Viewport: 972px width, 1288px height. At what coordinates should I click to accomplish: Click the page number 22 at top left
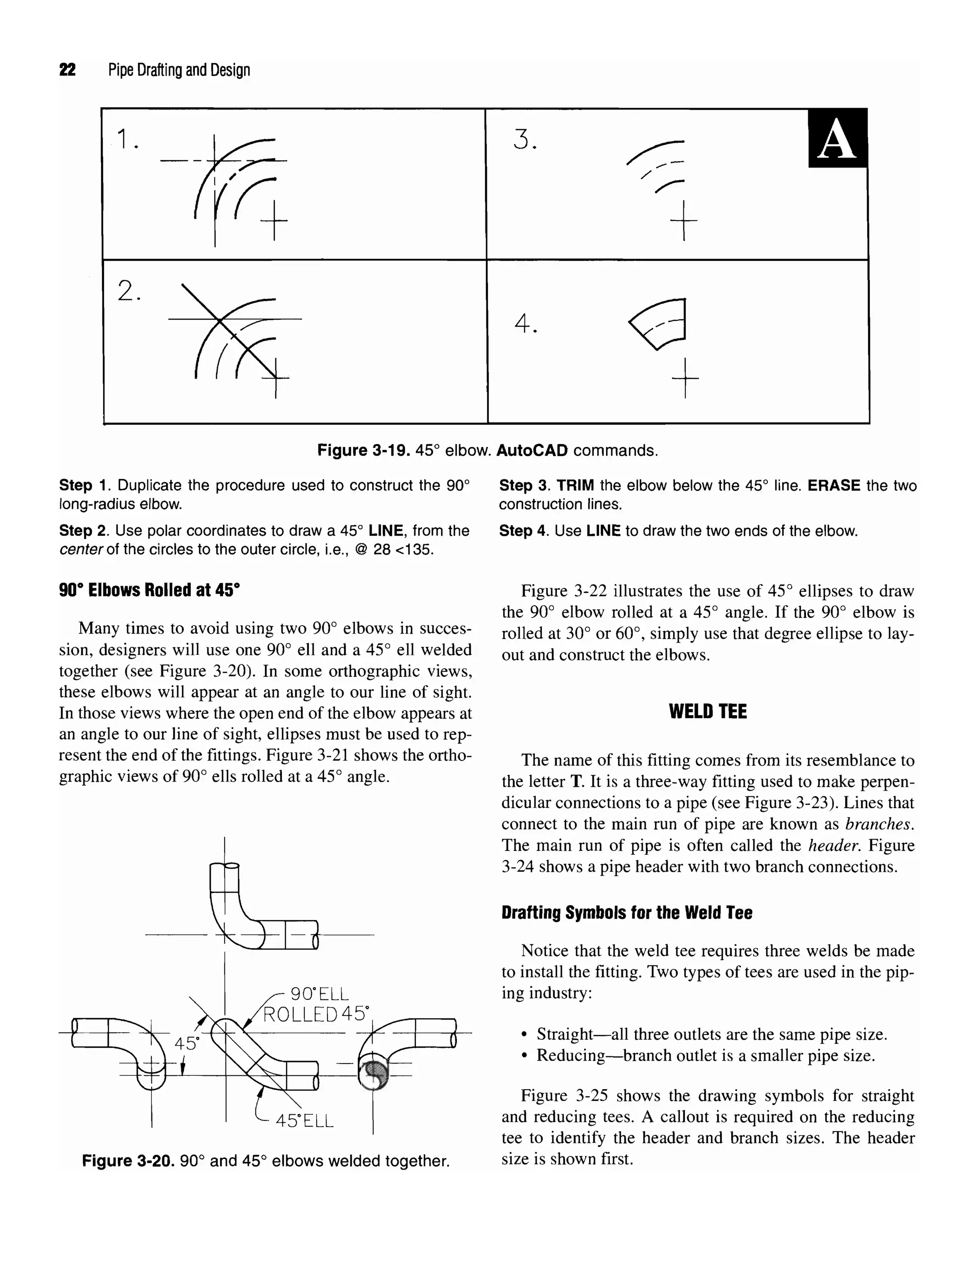[x=67, y=70]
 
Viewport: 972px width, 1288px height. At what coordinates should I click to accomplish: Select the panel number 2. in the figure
[x=129, y=290]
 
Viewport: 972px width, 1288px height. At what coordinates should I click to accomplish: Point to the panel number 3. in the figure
[x=525, y=140]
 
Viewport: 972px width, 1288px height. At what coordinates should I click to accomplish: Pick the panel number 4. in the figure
[x=526, y=323]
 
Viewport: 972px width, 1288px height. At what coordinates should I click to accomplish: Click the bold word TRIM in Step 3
[x=575, y=485]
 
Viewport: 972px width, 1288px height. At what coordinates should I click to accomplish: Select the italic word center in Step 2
[x=81, y=550]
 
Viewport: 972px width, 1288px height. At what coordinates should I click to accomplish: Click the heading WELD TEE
[x=708, y=711]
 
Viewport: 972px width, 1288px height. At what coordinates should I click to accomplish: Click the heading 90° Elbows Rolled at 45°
[x=149, y=590]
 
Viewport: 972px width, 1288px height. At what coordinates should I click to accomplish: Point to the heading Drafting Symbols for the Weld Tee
[x=626, y=913]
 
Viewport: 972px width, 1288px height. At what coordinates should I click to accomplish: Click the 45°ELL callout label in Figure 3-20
[x=304, y=1121]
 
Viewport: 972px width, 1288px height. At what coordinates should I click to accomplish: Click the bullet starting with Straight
[x=711, y=1034]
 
